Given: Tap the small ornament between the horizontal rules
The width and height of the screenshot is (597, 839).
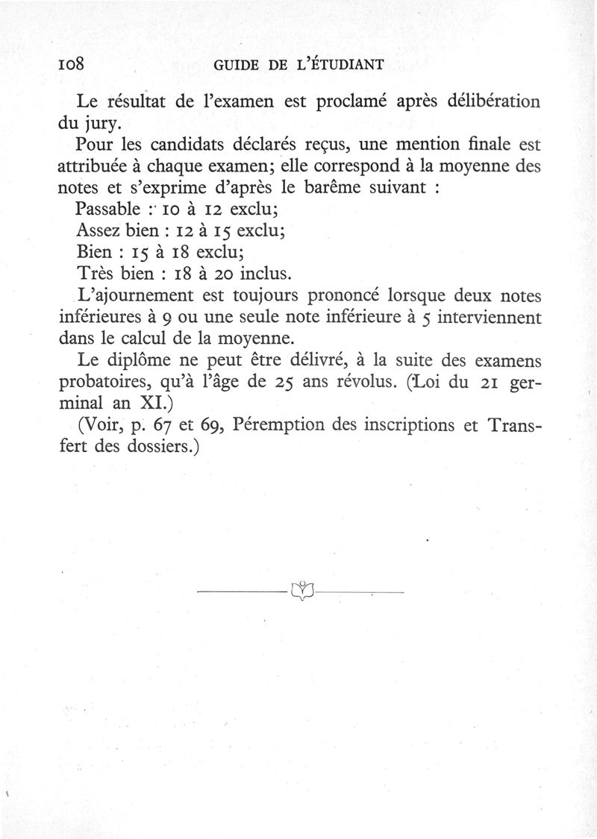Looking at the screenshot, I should coord(300,592).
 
